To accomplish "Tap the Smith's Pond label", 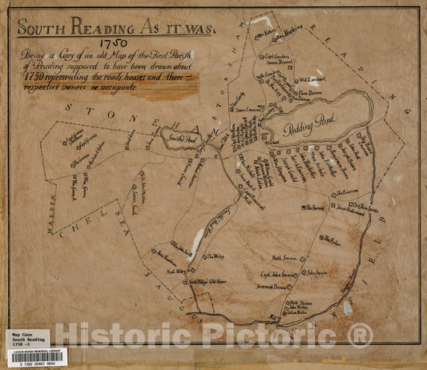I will [187, 138].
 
